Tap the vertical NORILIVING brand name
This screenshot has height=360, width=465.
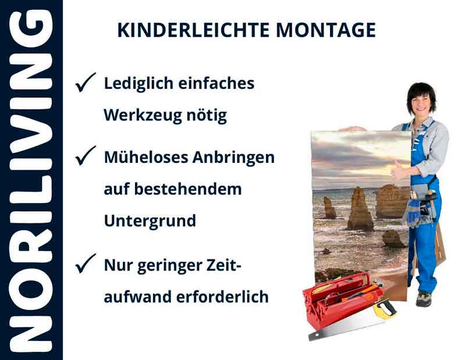coord(31,180)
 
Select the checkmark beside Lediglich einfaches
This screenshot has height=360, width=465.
coord(85,84)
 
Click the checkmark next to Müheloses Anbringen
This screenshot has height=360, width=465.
coord(85,156)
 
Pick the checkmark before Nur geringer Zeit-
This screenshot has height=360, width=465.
coord(85,265)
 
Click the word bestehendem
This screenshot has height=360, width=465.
coord(189,189)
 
